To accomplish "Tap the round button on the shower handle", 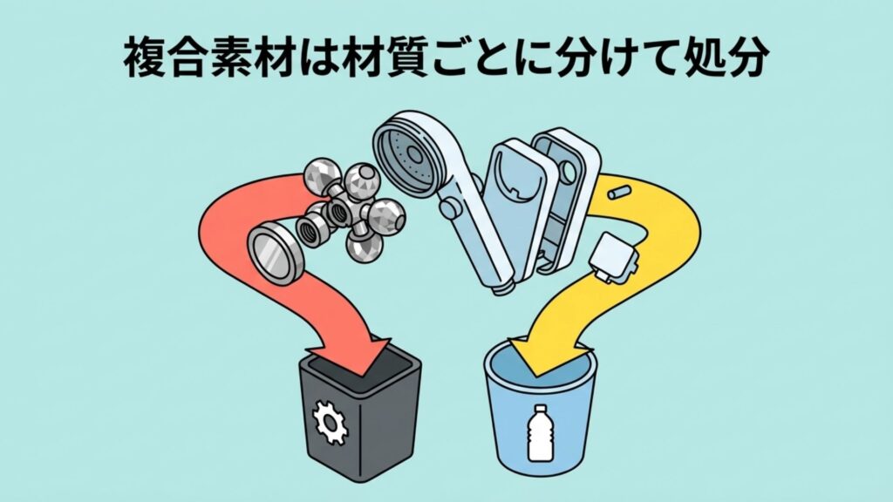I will [x=450, y=209].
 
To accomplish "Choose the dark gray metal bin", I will [x=357, y=417].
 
